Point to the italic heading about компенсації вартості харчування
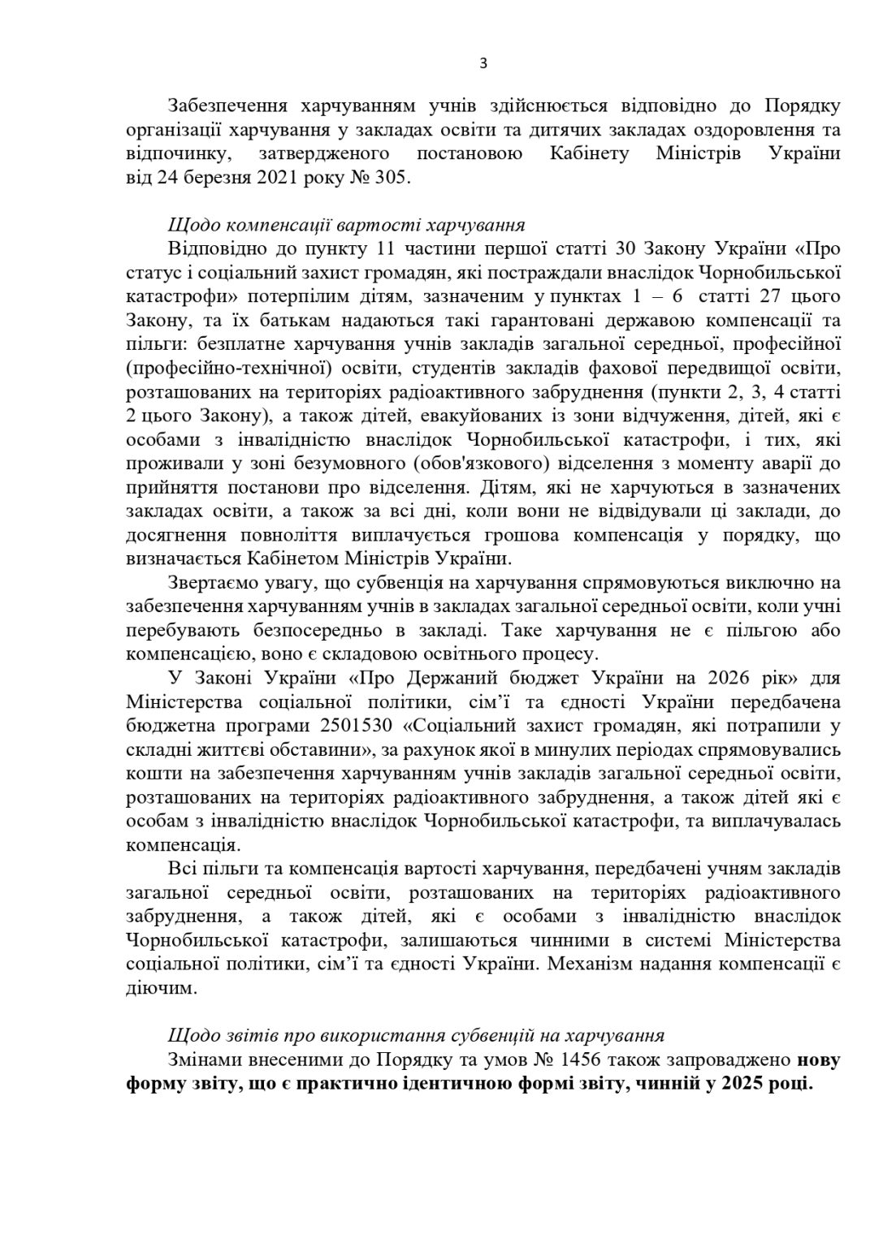(x=347, y=224)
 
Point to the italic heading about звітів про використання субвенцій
(x=416, y=1035)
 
